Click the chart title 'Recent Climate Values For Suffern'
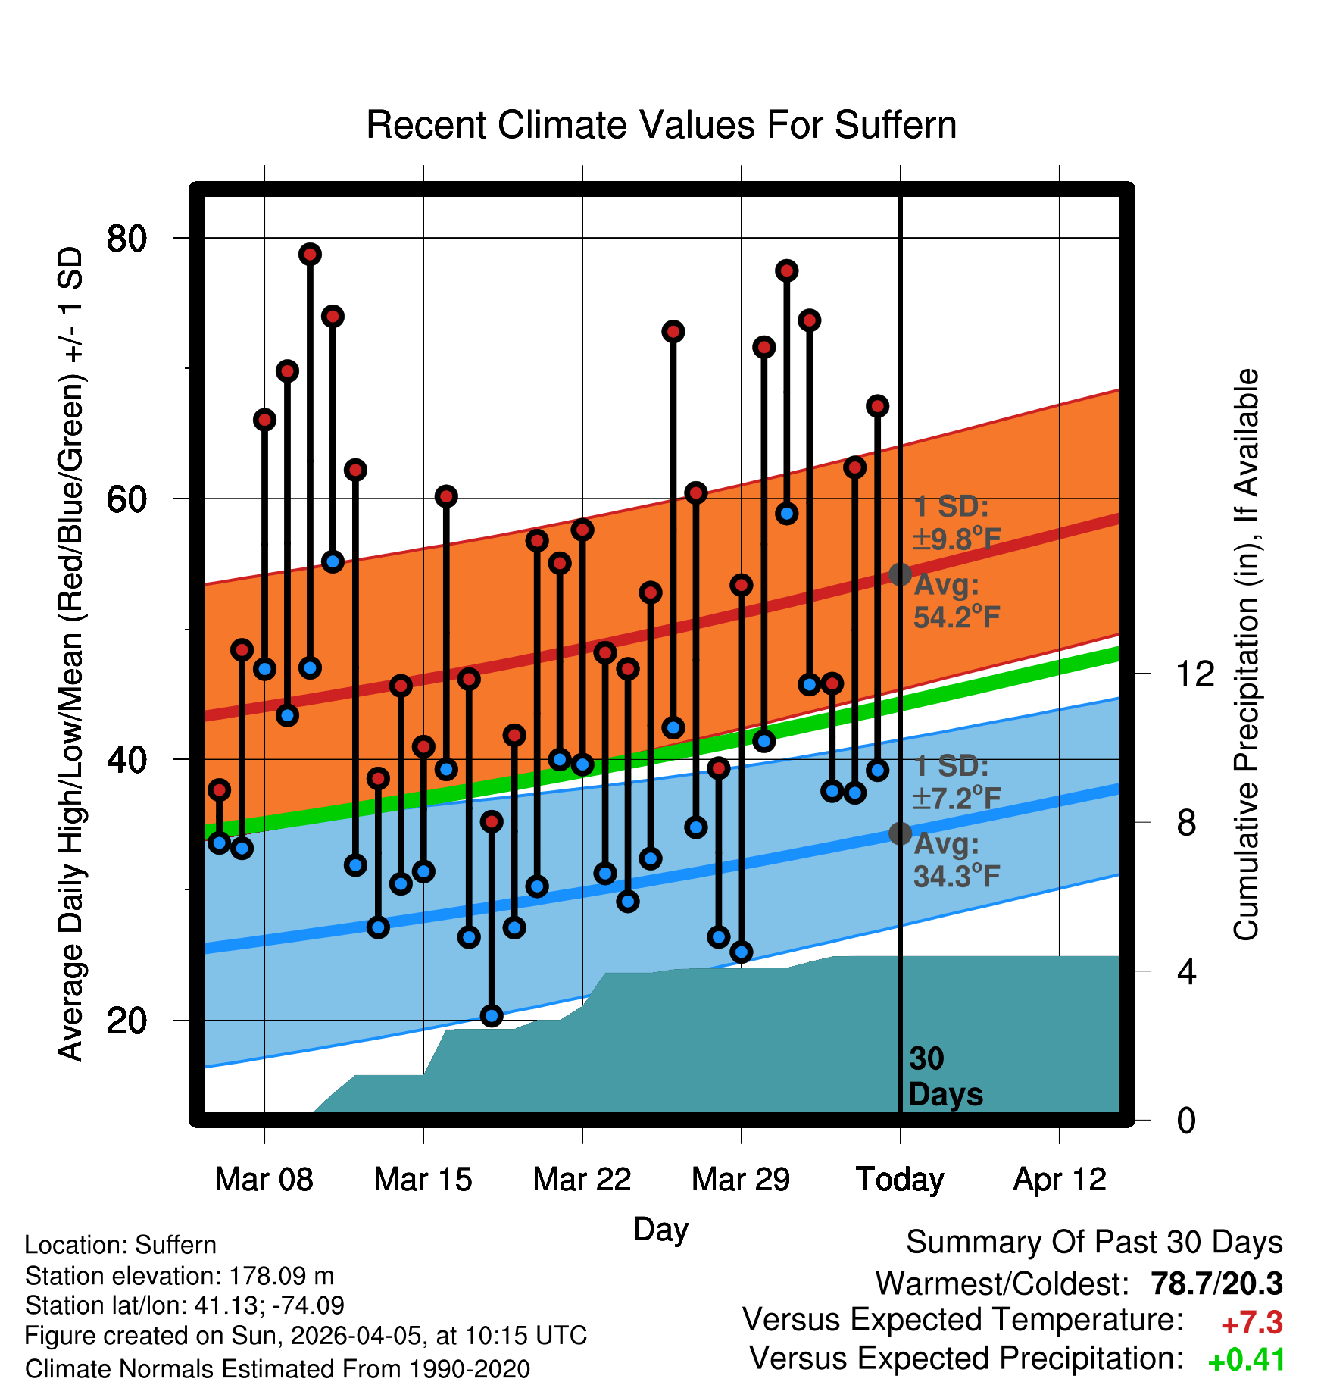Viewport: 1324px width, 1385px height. (x=660, y=125)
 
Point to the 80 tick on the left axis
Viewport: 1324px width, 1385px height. (x=126, y=239)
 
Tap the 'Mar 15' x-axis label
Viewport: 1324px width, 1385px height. (x=423, y=1180)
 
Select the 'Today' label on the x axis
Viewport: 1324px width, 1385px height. (x=900, y=1180)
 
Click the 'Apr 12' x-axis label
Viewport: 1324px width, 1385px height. (x=1060, y=1180)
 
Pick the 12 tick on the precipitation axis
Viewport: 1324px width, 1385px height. (x=1194, y=674)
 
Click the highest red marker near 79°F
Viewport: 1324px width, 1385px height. (x=310, y=255)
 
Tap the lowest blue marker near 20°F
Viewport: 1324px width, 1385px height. (x=492, y=1016)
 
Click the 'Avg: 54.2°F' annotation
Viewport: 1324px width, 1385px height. (x=957, y=601)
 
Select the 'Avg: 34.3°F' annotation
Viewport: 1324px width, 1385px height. (x=957, y=860)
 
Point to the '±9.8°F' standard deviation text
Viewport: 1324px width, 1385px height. (x=957, y=539)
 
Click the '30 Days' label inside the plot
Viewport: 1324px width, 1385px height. (x=945, y=1077)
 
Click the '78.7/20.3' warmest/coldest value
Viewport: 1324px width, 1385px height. (x=1216, y=1283)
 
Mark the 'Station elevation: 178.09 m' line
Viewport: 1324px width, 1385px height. (x=180, y=1276)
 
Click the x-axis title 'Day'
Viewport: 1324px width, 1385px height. (x=660, y=1229)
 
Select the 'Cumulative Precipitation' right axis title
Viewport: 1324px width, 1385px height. (x=1245, y=655)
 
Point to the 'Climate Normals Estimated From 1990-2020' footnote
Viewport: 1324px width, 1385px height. (x=277, y=1369)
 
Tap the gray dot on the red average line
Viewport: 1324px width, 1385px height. (x=900, y=574)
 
